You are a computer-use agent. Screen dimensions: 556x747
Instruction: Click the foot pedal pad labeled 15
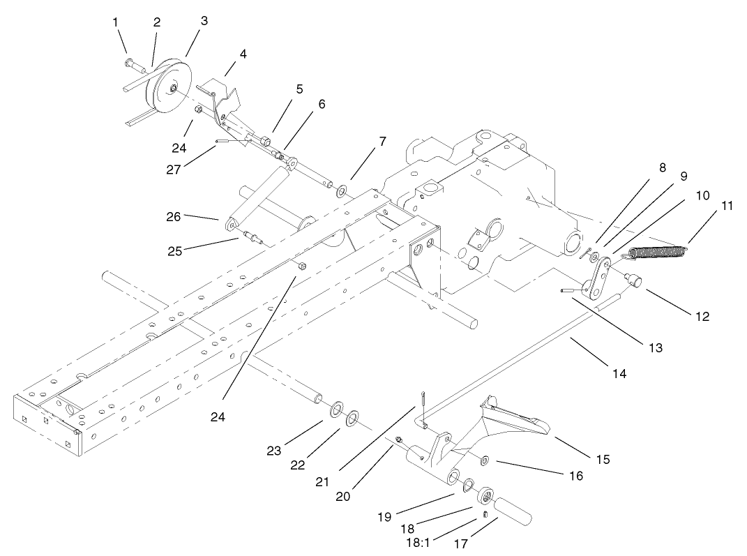(516, 419)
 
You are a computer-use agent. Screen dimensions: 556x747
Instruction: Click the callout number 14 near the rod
(619, 374)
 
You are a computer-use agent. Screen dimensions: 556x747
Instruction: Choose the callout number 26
(174, 217)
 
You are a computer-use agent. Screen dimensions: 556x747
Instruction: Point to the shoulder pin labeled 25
(250, 235)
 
